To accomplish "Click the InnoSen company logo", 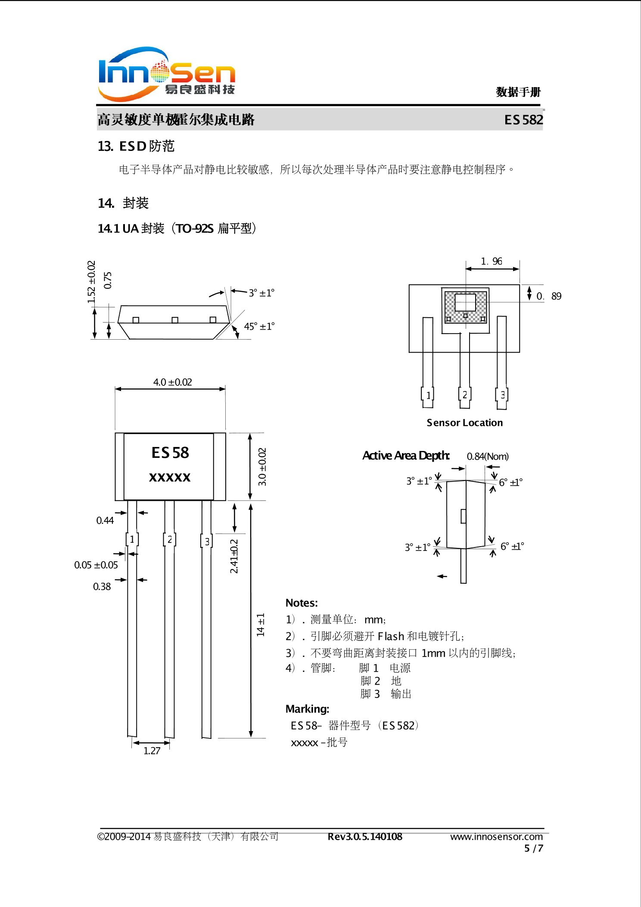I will (x=167, y=74).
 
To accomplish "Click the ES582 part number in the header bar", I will (x=523, y=120).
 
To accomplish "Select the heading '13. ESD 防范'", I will (x=136, y=147).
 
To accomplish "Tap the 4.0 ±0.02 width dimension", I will (x=172, y=382).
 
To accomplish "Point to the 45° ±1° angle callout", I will (x=259, y=326).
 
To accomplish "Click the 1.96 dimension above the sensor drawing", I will (x=492, y=261).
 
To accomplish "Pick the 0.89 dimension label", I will (x=548, y=296).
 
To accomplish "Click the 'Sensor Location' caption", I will (x=464, y=423).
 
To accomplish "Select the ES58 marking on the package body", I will (x=170, y=453).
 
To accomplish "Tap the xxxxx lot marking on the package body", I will (x=170, y=477).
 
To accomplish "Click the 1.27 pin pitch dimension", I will (x=152, y=751).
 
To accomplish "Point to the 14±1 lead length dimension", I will (x=261, y=625).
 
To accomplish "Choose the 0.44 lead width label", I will (x=105, y=520).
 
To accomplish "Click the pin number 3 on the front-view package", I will (x=207, y=541).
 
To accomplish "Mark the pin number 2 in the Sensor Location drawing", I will (x=465, y=395).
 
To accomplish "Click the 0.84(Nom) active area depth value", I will (x=488, y=457).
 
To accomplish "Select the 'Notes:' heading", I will (x=302, y=603).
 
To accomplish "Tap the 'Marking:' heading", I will (x=307, y=709).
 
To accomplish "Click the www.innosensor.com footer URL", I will (x=496, y=837).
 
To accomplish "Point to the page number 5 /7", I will (x=533, y=848).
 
